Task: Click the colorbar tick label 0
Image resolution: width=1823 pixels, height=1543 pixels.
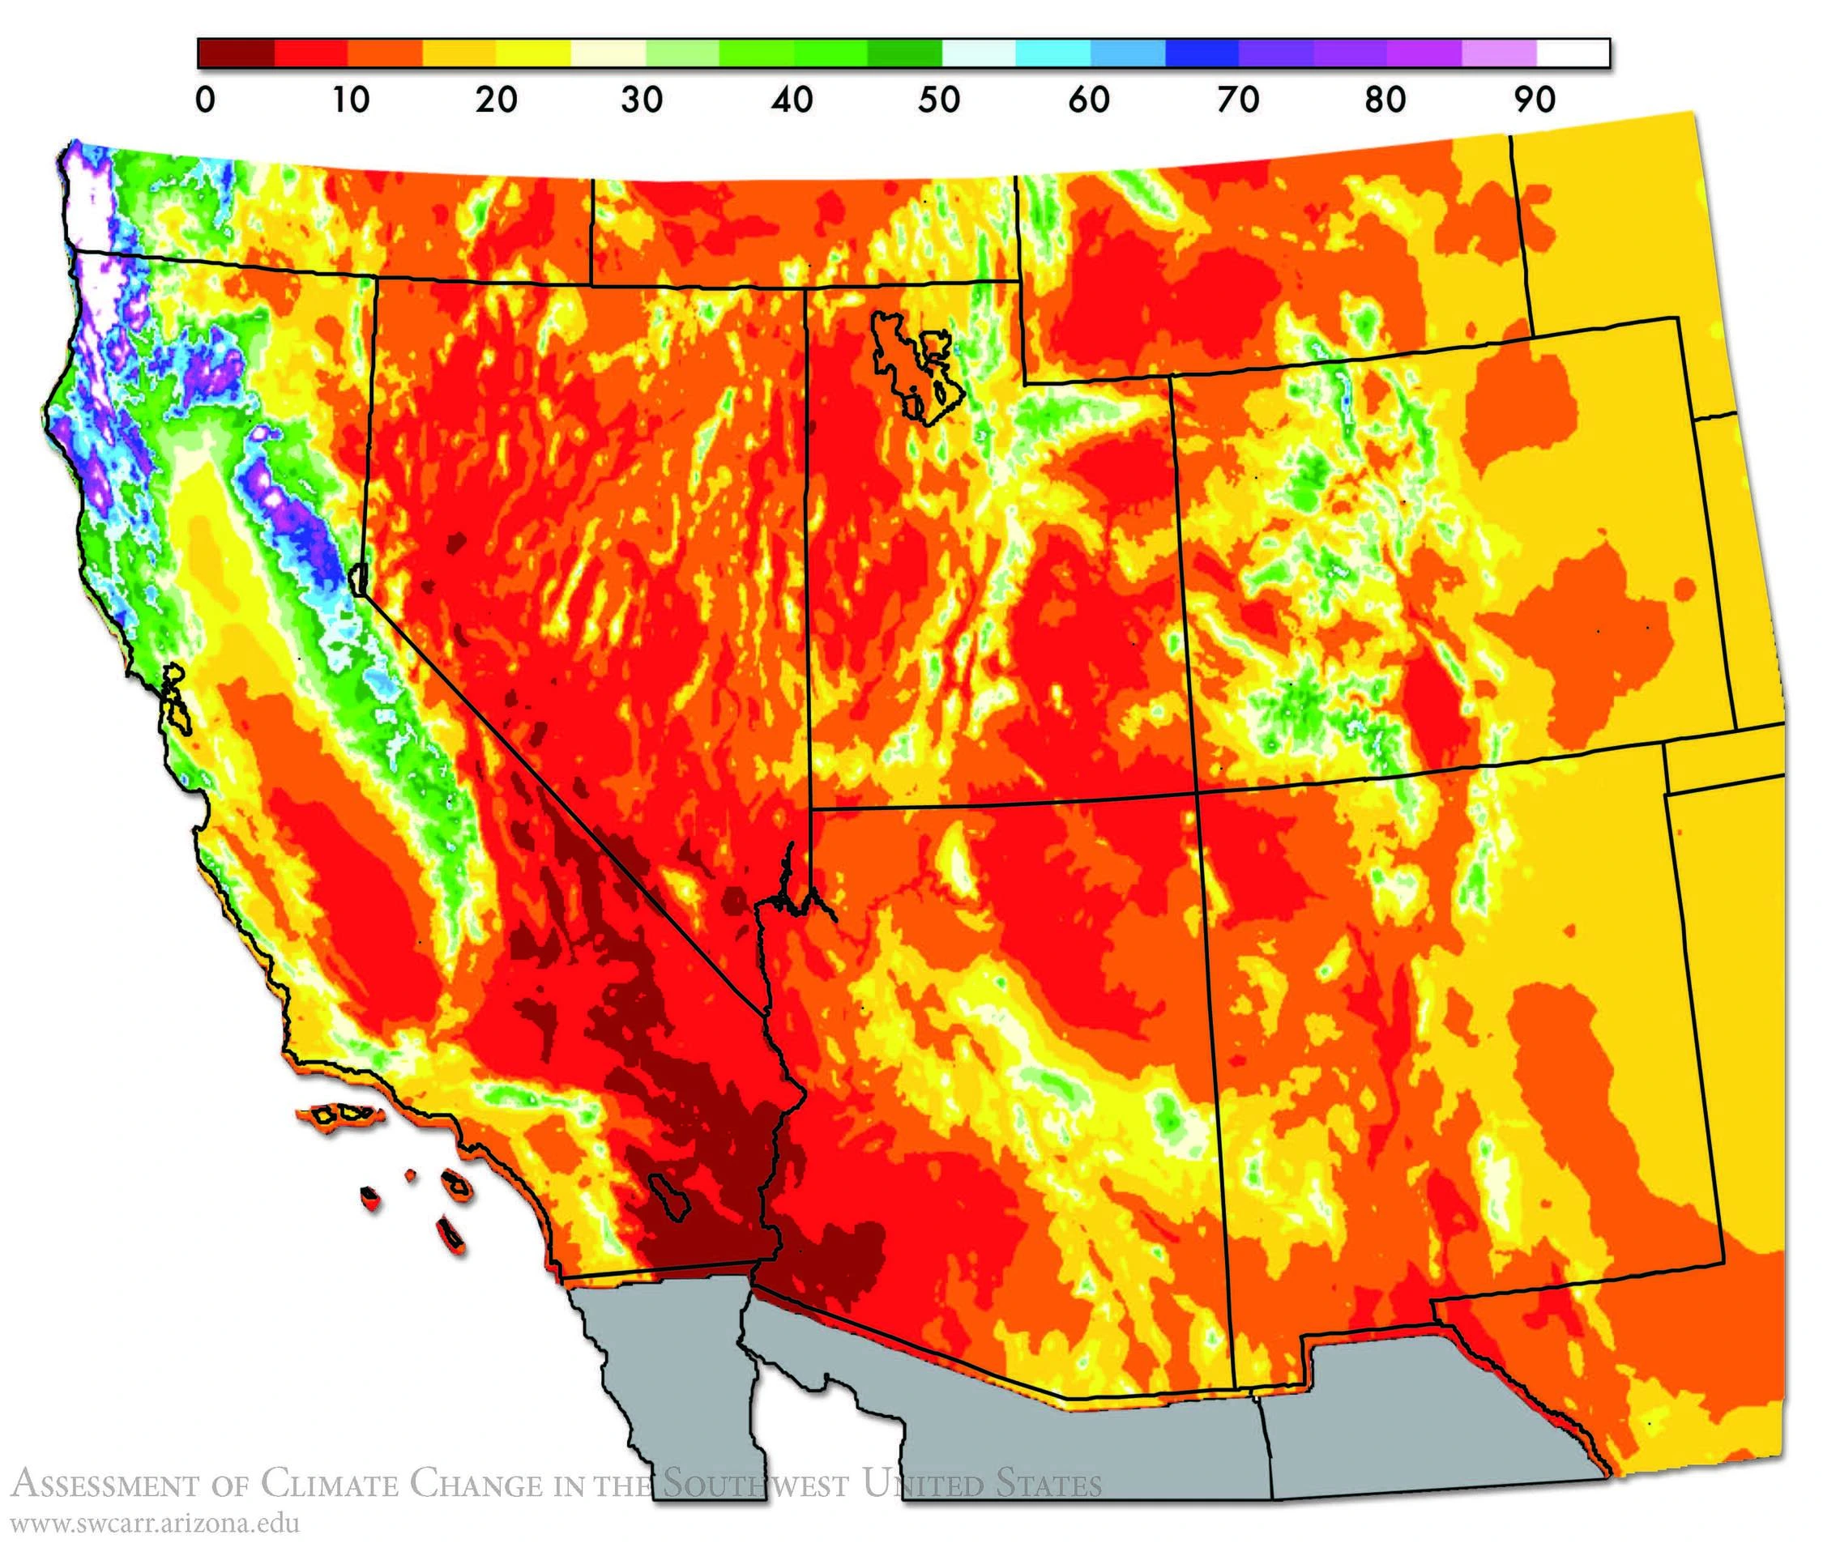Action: [x=205, y=100]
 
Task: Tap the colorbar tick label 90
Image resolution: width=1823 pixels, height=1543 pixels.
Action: [x=1535, y=100]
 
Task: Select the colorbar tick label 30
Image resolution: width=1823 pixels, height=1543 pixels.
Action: [x=641, y=100]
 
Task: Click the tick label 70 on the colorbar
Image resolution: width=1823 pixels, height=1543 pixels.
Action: [x=1238, y=100]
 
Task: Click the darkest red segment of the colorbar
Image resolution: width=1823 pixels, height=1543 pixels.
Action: [x=237, y=53]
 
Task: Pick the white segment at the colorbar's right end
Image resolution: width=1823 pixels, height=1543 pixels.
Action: [x=1573, y=53]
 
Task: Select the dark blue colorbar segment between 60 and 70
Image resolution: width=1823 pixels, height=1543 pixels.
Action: [x=1202, y=53]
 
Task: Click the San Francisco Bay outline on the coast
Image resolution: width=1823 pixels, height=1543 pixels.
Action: [x=175, y=700]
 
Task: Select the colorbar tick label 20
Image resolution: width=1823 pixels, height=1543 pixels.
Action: [x=496, y=100]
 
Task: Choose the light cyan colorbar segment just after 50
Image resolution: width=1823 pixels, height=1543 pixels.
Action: [x=979, y=53]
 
